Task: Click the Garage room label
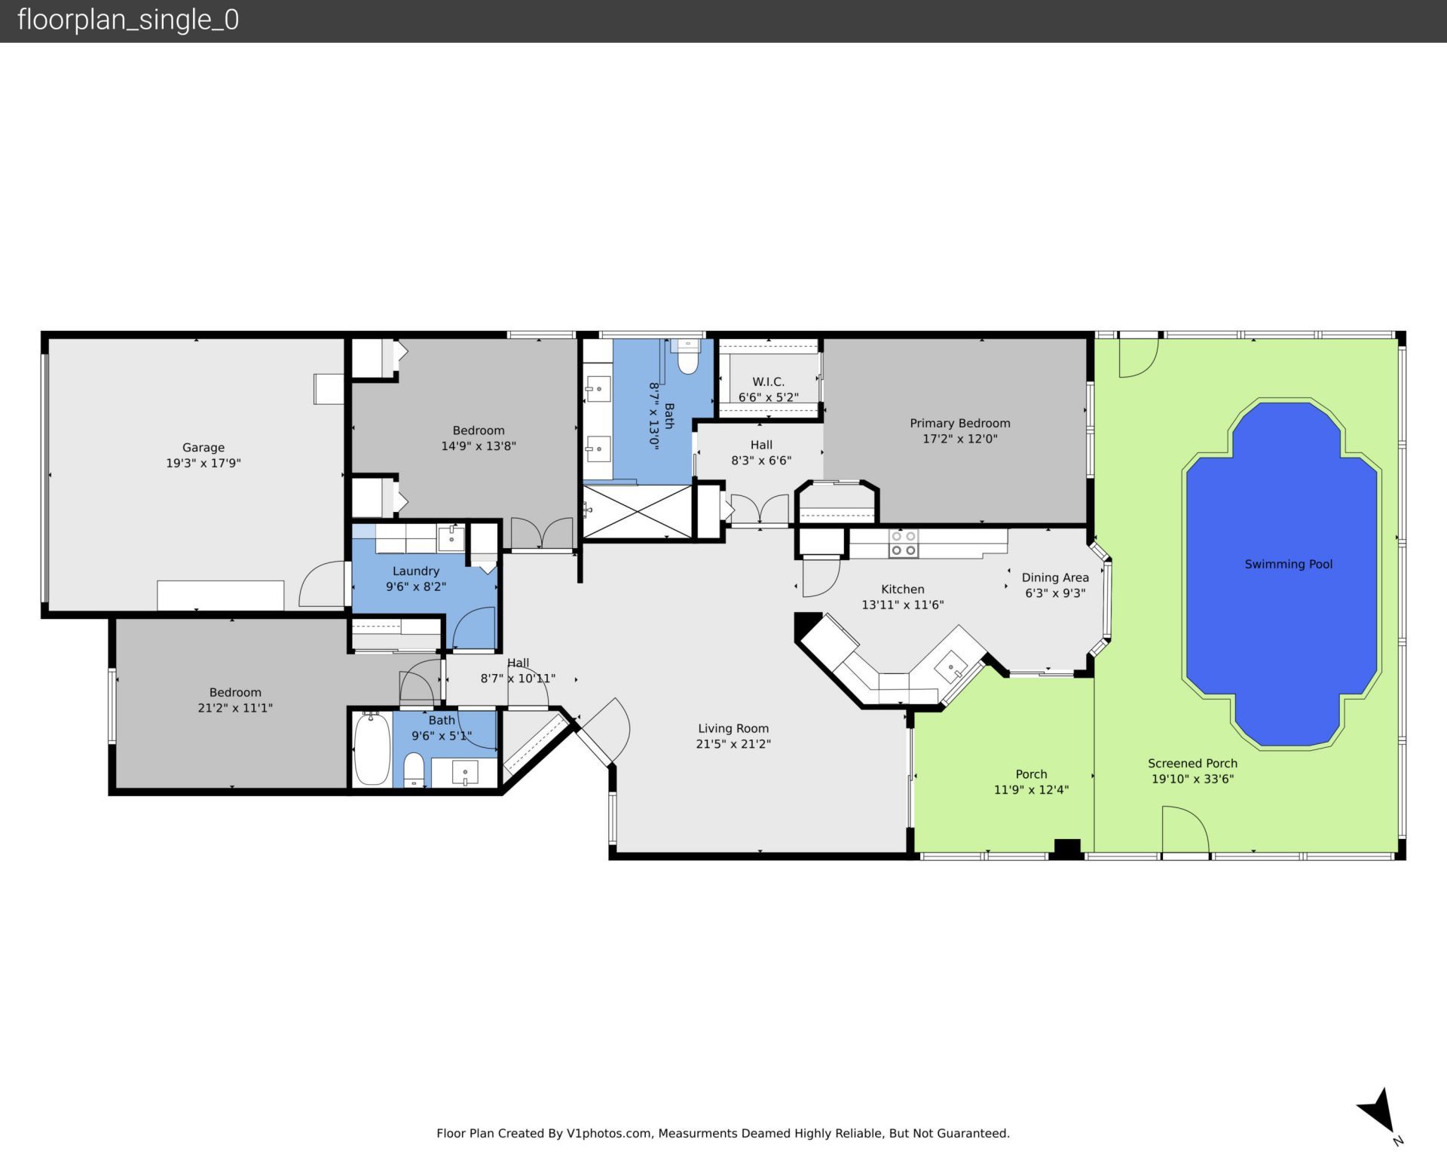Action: (203, 447)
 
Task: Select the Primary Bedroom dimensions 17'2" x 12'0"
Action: (959, 439)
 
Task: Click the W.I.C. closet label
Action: (768, 382)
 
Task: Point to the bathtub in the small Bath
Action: (372, 749)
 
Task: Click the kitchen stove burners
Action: (903, 544)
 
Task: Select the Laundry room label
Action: (415, 571)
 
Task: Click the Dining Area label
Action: (1054, 577)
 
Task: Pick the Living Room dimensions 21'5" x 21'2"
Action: (733, 744)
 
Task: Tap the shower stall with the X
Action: (638, 512)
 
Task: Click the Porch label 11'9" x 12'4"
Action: (1031, 782)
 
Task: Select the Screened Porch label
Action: (1192, 764)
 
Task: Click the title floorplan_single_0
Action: (128, 20)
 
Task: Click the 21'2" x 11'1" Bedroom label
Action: (235, 700)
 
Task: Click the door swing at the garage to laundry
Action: (322, 584)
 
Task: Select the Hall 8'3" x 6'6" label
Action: (760, 452)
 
